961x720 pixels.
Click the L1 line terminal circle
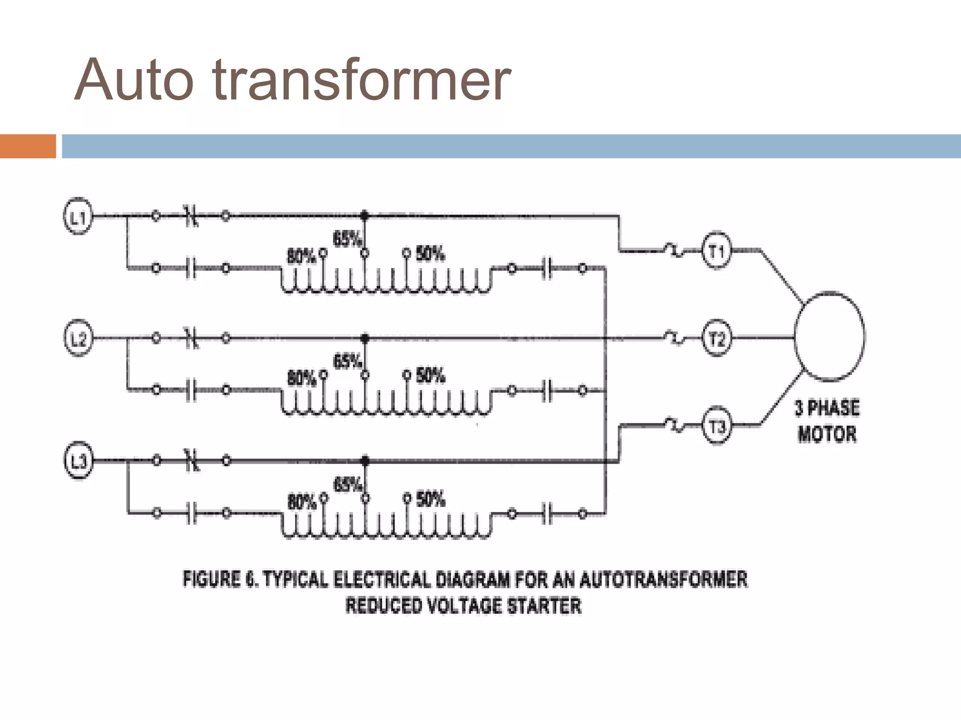coord(78,217)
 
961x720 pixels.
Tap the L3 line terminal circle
coord(78,461)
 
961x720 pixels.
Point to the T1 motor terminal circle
coord(716,251)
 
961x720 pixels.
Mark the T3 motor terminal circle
coord(716,427)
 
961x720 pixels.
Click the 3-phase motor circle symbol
coord(830,336)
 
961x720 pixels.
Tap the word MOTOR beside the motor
coord(827,434)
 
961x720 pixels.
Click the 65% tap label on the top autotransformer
coord(347,239)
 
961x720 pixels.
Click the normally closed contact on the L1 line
coord(191,217)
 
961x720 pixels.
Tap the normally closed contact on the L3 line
coord(191,461)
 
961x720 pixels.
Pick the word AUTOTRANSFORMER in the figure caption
coord(663,579)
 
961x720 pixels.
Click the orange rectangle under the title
coord(28,146)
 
